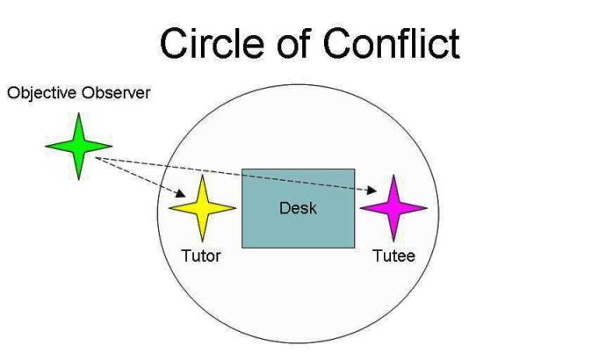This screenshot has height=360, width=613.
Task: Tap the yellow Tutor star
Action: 203,208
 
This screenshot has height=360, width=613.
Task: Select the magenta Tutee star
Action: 393,208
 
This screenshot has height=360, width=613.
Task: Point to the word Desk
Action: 298,208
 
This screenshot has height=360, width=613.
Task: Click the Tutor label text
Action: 201,256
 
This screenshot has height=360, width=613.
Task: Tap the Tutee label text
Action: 393,256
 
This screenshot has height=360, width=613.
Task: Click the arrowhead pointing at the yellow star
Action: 182,193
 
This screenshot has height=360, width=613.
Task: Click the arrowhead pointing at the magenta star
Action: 376,189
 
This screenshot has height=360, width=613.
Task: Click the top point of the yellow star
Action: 203,176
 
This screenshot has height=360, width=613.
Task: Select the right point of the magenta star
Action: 426,208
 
